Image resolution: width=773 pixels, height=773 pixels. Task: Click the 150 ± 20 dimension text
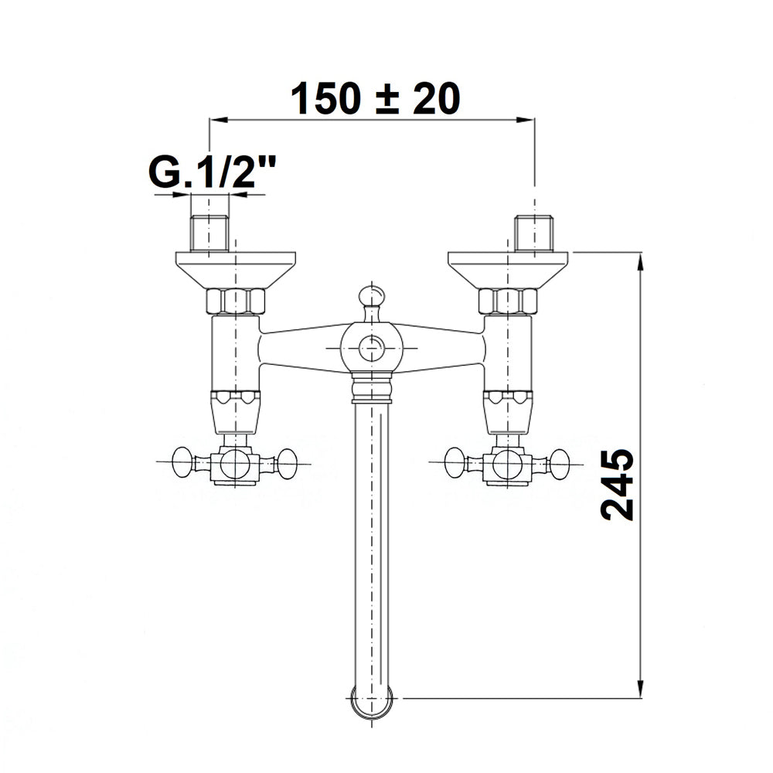pyautogui.click(x=376, y=99)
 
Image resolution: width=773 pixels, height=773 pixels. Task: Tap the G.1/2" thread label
pyautogui.click(x=212, y=172)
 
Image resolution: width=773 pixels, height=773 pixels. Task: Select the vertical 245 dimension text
pyautogui.click(x=617, y=485)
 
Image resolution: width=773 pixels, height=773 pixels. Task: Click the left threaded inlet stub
pyautogui.click(x=209, y=233)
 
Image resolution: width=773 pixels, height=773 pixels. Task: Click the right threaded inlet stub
pyautogui.click(x=533, y=233)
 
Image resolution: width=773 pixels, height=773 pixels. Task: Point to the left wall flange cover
pyautogui.click(x=236, y=270)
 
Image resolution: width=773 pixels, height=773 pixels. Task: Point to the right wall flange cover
pyautogui.click(x=508, y=270)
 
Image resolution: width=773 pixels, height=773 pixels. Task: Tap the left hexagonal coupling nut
pyautogui.click(x=236, y=301)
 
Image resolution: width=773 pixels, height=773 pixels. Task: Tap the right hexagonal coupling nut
pyautogui.click(x=508, y=301)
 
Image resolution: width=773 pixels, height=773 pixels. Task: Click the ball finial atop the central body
pyautogui.click(x=372, y=296)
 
